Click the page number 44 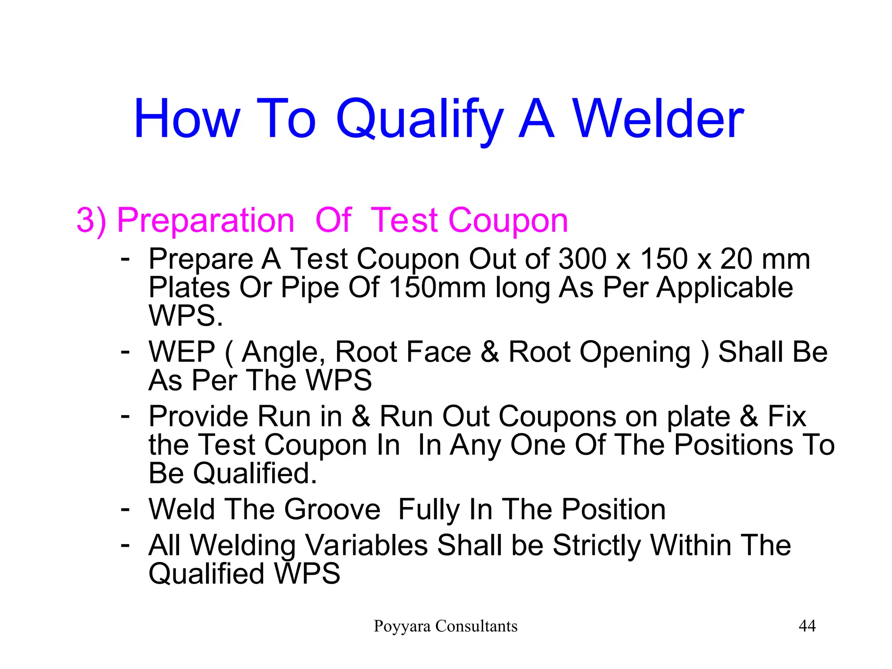click(807, 626)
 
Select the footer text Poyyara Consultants click(446, 626)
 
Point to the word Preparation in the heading click(206, 220)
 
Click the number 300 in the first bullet click(582, 259)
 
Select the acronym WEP click(182, 352)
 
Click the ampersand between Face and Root click(490, 352)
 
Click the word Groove click(332, 509)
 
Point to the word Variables click(366, 545)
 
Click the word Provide click(199, 416)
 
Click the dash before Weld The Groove click(125, 508)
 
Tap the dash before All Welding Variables click(125, 544)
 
